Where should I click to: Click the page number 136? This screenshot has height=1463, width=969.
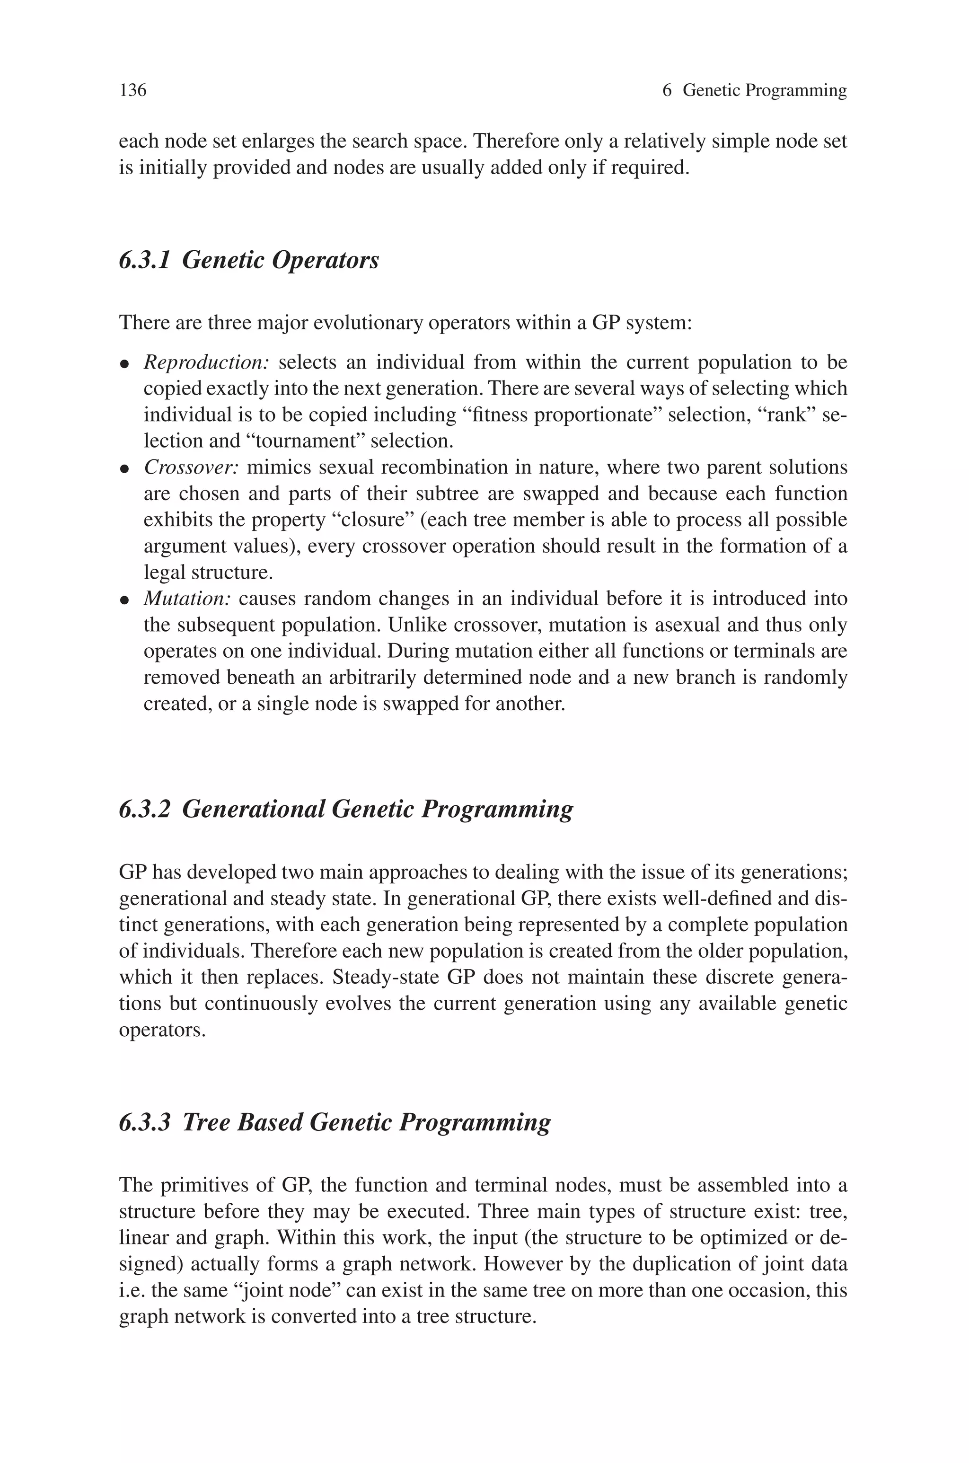coord(133,91)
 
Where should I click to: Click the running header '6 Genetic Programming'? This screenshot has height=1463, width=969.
coord(754,91)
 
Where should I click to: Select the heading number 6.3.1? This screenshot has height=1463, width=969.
coord(144,260)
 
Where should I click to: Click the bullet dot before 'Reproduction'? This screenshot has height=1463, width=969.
coord(124,364)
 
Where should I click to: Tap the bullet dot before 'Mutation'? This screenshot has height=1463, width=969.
coord(124,600)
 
